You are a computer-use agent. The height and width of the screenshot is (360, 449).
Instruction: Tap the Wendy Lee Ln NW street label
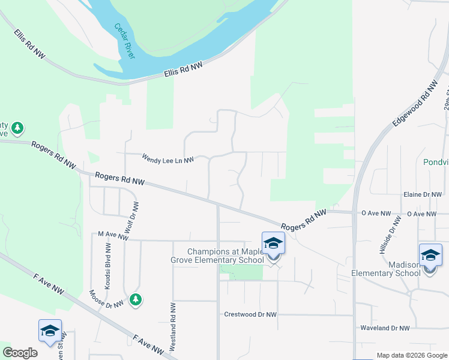point(168,160)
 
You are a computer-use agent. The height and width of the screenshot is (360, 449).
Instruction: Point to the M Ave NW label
point(113,236)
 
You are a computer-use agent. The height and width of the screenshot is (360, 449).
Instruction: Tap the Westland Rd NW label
point(173,326)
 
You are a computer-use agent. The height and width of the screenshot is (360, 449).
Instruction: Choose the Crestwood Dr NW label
point(250,314)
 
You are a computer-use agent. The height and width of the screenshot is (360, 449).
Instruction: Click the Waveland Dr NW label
point(384,328)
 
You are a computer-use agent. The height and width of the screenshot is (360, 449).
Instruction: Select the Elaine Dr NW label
point(423,195)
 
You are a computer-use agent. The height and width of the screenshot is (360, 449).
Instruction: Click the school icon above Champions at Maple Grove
point(273,243)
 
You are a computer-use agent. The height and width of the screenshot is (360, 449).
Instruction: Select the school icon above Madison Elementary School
point(430,255)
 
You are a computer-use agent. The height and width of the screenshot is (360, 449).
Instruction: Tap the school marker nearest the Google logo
point(50,331)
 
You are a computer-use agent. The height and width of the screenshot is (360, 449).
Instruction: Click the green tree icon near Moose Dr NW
point(136,299)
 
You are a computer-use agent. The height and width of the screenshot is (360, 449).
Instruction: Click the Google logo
point(20,353)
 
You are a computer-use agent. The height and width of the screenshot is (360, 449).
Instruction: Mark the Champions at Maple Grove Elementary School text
point(225,256)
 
